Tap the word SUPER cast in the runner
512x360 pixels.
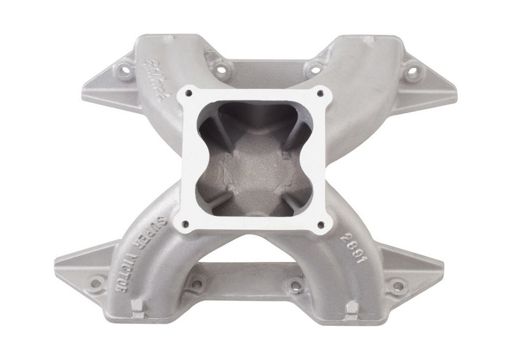tap(157, 232)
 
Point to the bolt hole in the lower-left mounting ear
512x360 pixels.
tap(96, 284)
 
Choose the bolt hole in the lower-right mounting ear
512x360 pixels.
tap(398, 285)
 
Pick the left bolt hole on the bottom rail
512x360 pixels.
tap(196, 284)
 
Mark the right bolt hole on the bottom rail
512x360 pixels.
tap(295, 285)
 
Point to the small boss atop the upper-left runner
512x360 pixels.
tap(170, 39)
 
